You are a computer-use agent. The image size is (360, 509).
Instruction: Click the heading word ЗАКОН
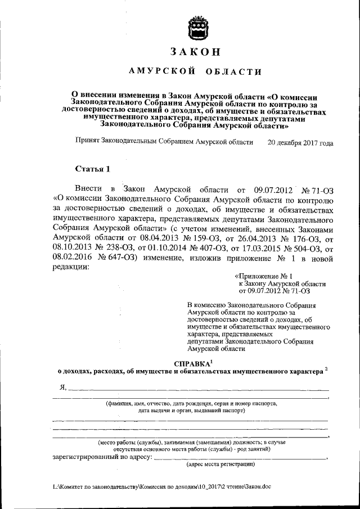[195, 51]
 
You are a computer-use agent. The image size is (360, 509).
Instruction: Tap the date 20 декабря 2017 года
[300, 143]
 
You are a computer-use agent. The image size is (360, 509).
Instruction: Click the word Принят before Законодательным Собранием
[87, 143]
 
